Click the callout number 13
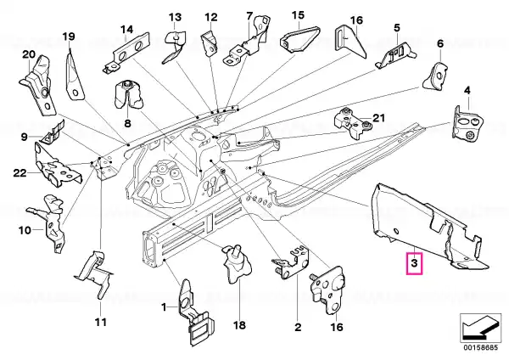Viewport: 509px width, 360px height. coord(176,17)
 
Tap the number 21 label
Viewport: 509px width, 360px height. coord(378,118)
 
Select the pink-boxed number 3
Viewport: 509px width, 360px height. coord(414,263)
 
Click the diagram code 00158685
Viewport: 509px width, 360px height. coord(480,347)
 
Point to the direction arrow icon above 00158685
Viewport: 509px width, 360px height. coord(481,328)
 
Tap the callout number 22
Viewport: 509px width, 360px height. coord(20,173)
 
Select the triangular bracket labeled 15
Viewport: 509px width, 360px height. coord(300,39)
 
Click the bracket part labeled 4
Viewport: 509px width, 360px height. coord(467,125)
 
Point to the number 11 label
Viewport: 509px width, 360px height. coord(101,323)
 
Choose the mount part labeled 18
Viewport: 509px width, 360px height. coord(237,264)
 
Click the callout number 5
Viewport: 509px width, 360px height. coord(397,28)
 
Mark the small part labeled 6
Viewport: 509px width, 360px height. coord(436,76)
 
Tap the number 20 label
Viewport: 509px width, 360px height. coord(29,54)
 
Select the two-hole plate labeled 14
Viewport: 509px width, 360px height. coord(126,52)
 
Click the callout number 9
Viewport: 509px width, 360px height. coord(25,137)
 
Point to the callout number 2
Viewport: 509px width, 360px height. coord(298,327)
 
